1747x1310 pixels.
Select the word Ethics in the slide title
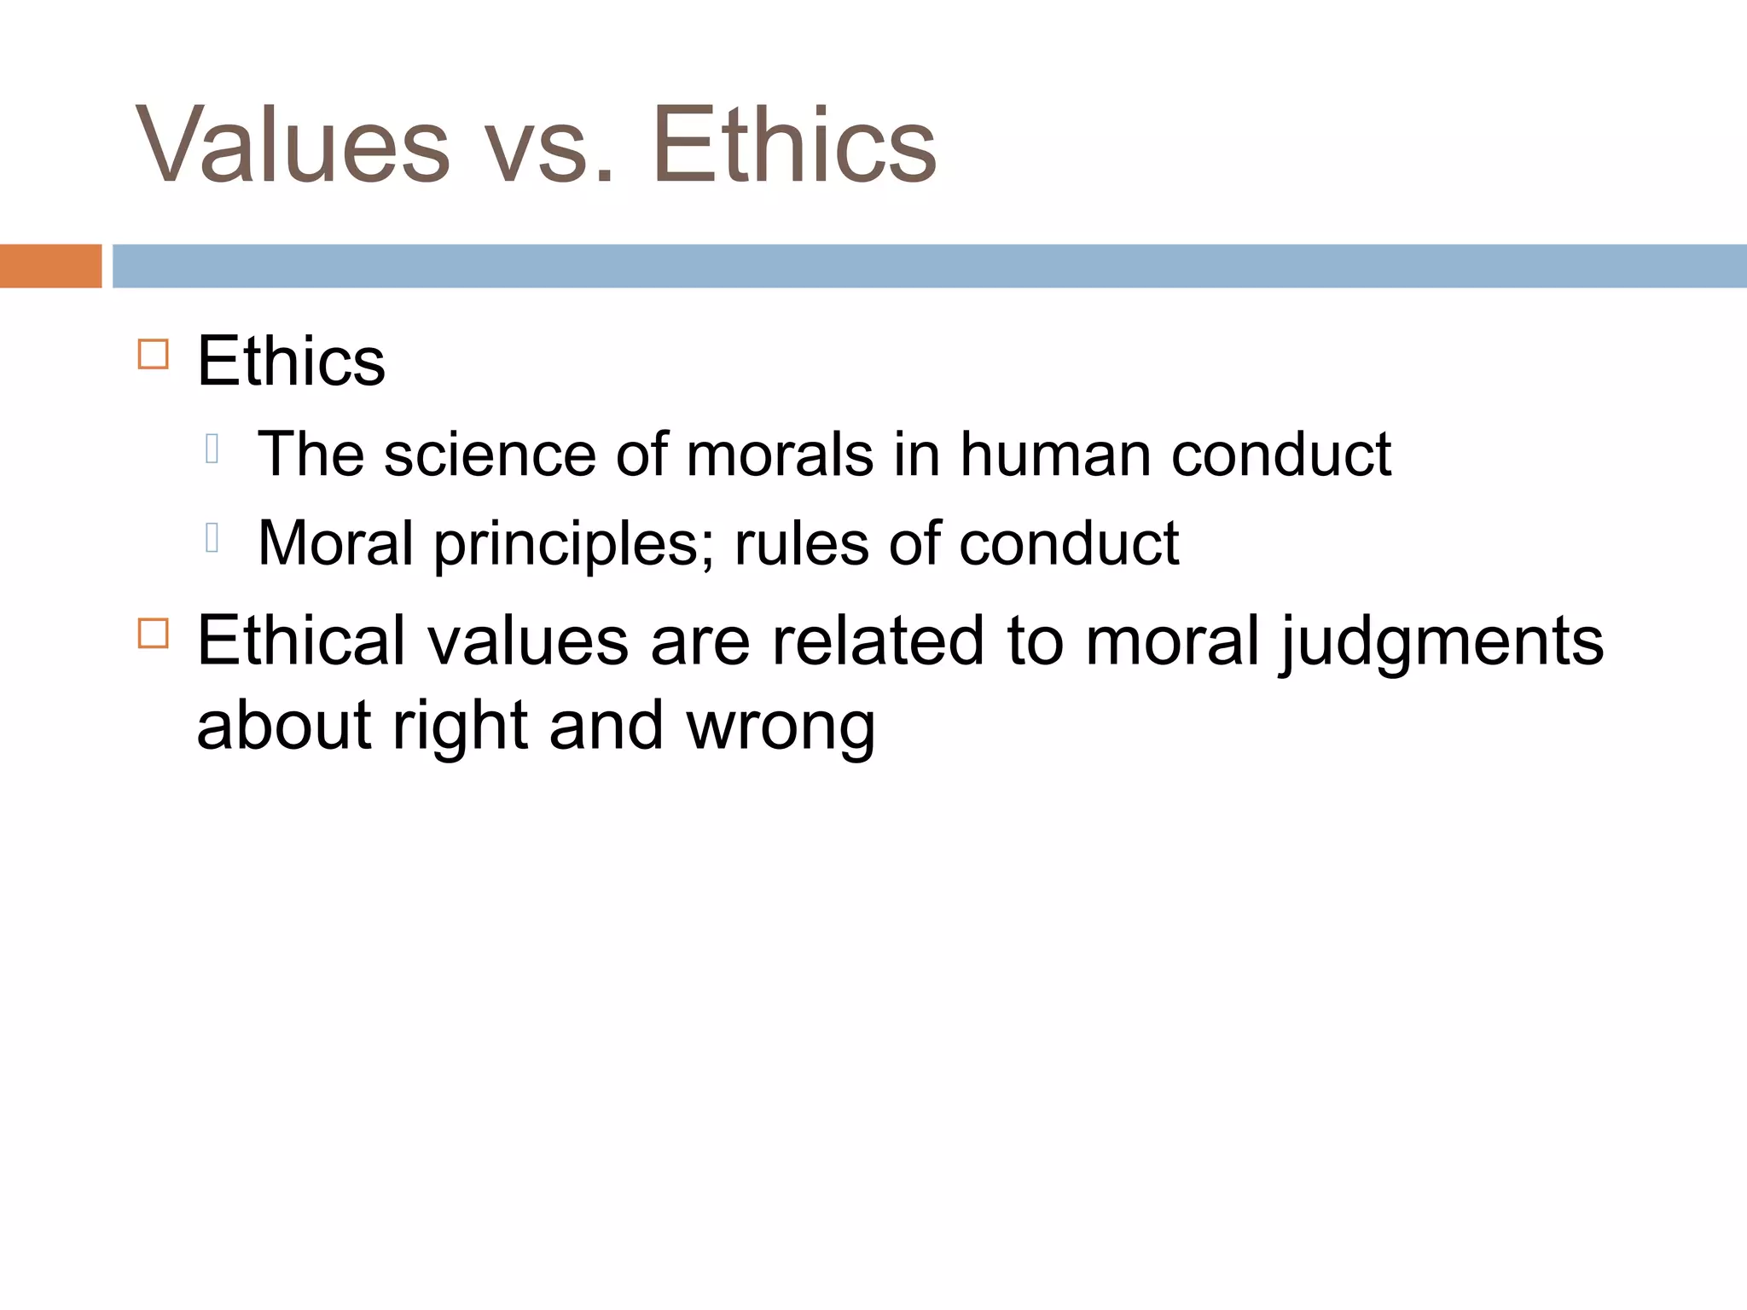794,145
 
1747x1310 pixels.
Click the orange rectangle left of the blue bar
50,266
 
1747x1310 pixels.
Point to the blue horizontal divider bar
929,266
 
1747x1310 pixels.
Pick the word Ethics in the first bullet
291,362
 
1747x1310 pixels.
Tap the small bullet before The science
212,448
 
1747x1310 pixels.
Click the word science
490,455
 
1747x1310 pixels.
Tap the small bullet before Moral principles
212,537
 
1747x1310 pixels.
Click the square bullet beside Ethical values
153,634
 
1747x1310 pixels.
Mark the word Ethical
301,641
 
